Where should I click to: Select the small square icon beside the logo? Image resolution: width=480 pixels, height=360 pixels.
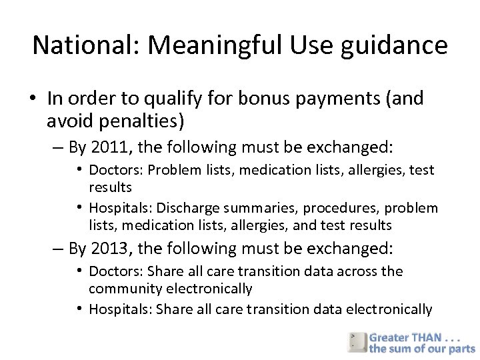[356, 341]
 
